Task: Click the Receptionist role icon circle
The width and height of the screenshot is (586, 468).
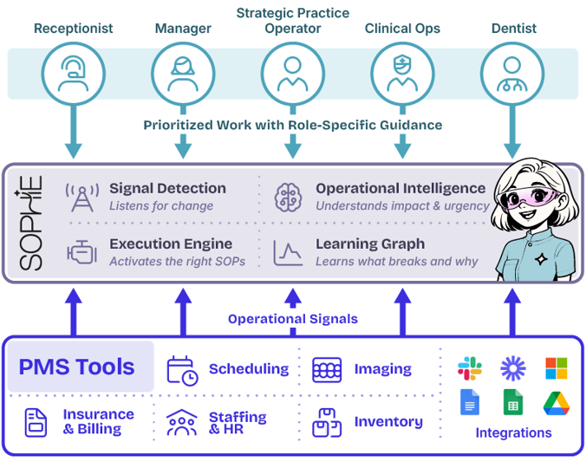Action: point(73,73)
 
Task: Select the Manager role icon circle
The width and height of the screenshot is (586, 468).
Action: point(182,73)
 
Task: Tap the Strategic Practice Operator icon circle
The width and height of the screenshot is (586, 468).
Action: point(292,73)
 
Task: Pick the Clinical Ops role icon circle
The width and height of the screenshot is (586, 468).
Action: point(402,73)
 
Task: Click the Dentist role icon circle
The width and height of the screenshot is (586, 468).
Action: point(511,73)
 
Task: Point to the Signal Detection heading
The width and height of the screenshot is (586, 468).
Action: point(167,188)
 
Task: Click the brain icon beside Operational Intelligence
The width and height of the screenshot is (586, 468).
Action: point(288,197)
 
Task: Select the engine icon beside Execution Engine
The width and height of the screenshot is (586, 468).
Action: point(81,252)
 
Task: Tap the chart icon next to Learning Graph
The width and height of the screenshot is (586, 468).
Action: point(288,252)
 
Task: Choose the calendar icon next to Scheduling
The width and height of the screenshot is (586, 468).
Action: point(182,369)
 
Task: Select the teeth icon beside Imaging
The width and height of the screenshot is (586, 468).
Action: point(327,369)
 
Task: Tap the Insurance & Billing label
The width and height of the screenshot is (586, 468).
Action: point(98,422)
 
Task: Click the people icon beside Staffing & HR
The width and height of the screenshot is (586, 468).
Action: point(181,423)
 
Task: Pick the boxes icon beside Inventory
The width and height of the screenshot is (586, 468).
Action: point(326,423)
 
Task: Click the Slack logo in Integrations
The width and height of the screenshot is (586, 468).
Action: point(470,368)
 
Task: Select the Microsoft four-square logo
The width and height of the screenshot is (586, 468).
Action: point(557,368)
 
